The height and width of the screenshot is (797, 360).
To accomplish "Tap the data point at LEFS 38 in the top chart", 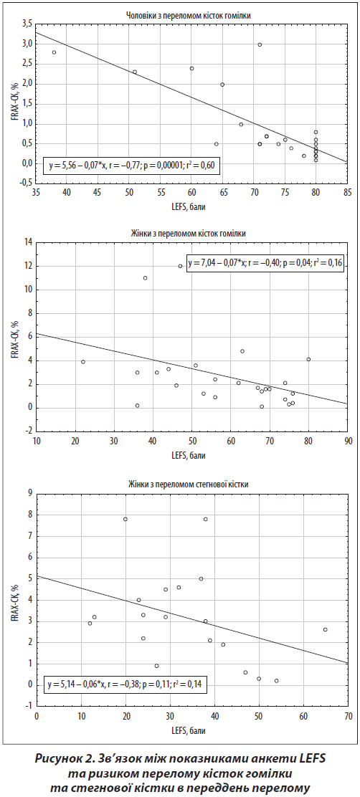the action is coord(54,52).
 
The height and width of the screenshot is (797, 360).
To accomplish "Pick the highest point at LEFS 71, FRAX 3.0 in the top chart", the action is coord(260,44).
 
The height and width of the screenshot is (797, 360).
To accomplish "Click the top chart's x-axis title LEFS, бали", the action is coord(191,207).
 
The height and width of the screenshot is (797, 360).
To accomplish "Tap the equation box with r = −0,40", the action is coord(265,263).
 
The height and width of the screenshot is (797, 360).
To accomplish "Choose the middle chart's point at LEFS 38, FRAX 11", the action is coord(145,278).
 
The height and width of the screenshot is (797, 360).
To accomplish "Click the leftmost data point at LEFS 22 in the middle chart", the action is coord(83,362).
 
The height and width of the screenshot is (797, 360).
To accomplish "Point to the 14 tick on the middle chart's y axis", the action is coord(27,242).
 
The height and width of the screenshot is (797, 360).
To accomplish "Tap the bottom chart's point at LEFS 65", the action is coord(326,629).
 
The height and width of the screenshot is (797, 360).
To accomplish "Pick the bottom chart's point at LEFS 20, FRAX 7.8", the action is coord(125,519).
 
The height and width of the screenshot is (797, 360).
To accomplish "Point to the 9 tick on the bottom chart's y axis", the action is coord(29,492).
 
